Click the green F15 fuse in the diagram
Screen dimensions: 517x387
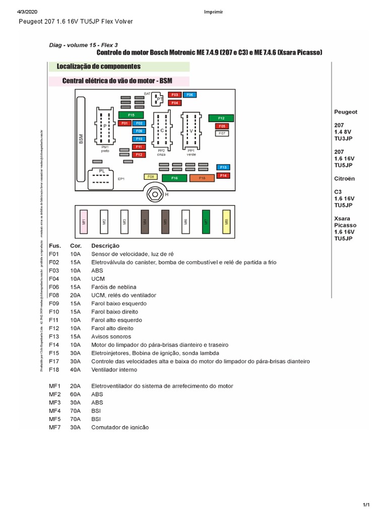click(x=131, y=115)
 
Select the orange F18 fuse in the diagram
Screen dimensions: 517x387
click(x=202, y=178)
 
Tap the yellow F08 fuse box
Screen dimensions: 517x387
click(x=151, y=177)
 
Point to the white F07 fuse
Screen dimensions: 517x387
click(x=222, y=134)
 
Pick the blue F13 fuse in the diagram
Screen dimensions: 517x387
click(x=223, y=167)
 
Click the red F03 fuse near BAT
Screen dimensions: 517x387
click(x=175, y=95)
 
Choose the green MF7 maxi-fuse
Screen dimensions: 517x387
click(x=206, y=221)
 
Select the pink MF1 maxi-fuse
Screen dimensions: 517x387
click(x=84, y=221)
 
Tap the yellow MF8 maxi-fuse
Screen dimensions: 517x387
click(x=226, y=221)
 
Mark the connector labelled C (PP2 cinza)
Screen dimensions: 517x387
click(x=162, y=130)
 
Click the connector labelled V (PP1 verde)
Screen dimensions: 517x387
click(x=191, y=130)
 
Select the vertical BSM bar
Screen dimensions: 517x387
click(x=81, y=138)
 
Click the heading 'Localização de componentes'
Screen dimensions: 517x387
click(x=99, y=67)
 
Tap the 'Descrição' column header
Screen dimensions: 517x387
click(x=105, y=246)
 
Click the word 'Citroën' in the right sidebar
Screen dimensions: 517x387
click(x=345, y=178)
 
